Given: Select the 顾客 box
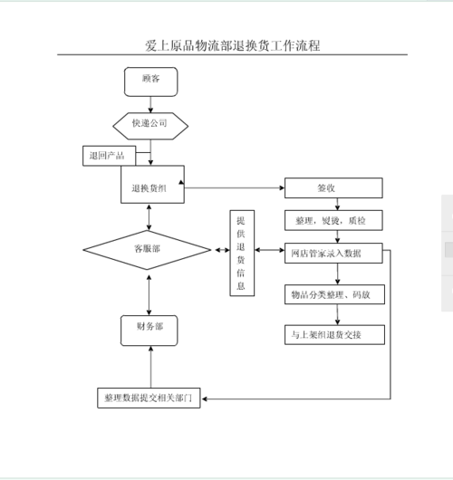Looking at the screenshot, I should tap(150, 81).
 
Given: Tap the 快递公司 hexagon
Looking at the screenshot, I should tap(150, 123).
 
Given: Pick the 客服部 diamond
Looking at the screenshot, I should tap(147, 248).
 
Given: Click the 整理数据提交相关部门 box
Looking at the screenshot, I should tap(149, 398).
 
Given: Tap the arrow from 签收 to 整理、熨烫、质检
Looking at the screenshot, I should tap(337, 205).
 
